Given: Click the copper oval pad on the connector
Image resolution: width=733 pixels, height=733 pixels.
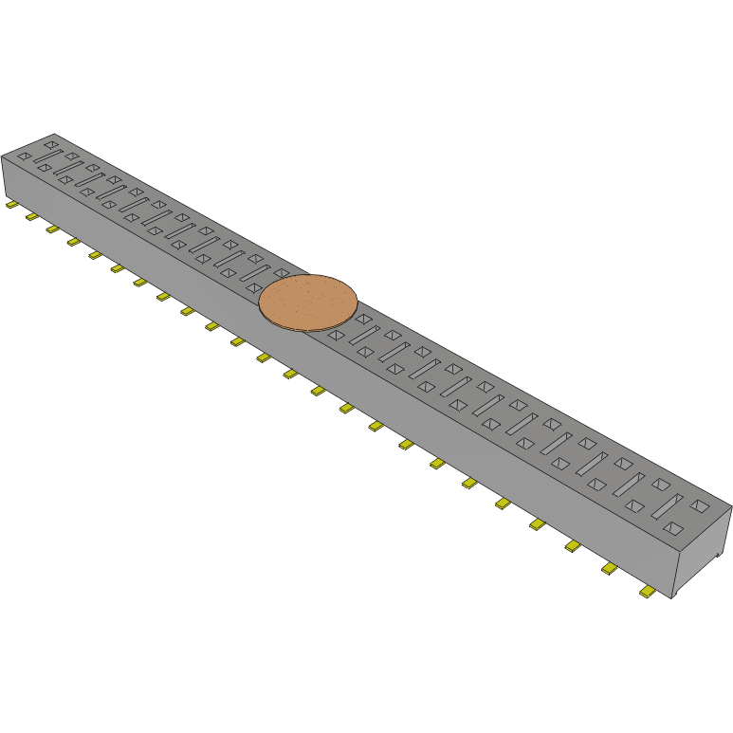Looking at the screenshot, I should [x=308, y=302].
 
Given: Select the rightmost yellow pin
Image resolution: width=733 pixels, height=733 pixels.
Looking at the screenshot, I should [x=649, y=593].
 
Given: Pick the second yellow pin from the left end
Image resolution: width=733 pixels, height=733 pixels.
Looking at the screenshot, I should [x=32, y=217].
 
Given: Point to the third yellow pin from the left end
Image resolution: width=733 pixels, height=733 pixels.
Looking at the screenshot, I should [x=53, y=229].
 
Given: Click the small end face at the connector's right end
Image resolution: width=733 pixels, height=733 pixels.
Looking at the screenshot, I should [x=703, y=554].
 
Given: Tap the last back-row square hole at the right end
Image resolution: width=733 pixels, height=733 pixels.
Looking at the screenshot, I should [x=700, y=506].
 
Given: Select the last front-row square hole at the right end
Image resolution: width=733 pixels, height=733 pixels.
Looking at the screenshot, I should [x=674, y=527].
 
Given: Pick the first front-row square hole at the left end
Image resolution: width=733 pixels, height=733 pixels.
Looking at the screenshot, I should [x=25, y=156].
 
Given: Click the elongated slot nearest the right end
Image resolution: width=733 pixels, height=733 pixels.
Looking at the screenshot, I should [x=667, y=508].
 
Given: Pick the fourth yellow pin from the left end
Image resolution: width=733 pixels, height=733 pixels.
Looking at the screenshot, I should [x=74, y=242].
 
